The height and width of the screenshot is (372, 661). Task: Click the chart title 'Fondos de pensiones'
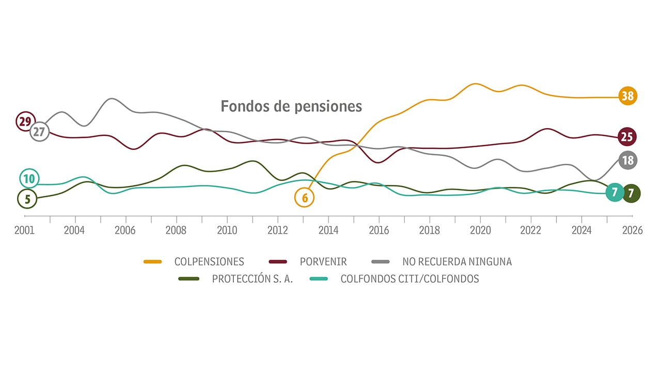pyautogui.click(x=291, y=106)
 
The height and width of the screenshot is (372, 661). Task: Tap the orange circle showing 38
pyautogui.click(x=627, y=96)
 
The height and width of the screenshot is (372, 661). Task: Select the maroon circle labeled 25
pyautogui.click(x=627, y=137)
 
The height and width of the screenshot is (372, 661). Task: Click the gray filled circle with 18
pyautogui.click(x=627, y=160)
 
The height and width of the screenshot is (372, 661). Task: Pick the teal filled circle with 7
pyautogui.click(x=615, y=193)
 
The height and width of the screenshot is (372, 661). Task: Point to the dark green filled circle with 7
pyautogui.click(x=631, y=193)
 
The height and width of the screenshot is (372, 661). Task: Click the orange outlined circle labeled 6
pyautogui.click(x=305, y=197)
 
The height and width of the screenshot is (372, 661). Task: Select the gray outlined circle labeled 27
pyautogui.click(x=39, y=132)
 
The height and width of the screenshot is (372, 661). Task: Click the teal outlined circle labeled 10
pyautogui.click(x=29, y=179)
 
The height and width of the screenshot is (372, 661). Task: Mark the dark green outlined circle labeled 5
pyautogui.click(x=27, y=198)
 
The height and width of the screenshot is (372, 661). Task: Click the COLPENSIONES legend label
pyautogui.click(x=209, y=262)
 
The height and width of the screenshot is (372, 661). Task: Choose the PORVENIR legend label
pyautogui.click(x=323, y=262)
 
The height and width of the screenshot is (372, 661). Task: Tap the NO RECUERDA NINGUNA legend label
pyautogui.click(x=457, y=262)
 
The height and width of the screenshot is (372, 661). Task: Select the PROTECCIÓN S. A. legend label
pyautogui.click(x=253, y=279)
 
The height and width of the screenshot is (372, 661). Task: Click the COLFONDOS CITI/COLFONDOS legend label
pyautogui.click(x=410, y=279)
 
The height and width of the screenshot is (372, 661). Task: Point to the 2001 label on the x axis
pyautogui.click(x=24, y=230)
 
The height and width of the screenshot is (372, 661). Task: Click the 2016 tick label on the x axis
pyautogui.click(x=379, y=230)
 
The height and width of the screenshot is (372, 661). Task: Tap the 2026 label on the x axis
pyautogui.click(x=633, y=230)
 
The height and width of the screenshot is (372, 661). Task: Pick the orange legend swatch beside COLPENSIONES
pyautogui.click(x=153, y=262)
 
